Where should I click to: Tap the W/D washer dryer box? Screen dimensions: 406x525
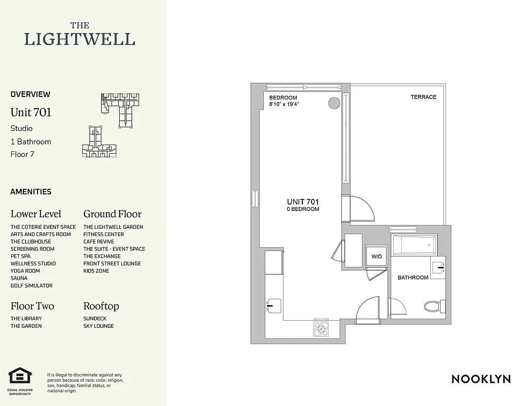pos(376,256)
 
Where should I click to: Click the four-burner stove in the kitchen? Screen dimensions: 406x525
pos(321,329)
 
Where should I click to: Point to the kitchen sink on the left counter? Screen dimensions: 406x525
pos(273,305)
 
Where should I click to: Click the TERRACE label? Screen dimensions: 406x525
pos(423,97)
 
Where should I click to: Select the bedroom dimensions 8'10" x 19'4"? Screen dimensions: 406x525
pos(284,105)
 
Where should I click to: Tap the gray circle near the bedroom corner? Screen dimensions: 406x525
pos(334,103)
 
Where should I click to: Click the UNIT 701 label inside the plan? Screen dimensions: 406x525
pos(303,202)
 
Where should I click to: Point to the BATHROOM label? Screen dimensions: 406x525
pos(412,278)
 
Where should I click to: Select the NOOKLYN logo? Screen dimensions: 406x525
pos(481,379)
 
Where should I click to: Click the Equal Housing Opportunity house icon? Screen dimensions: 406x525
pos(20,377)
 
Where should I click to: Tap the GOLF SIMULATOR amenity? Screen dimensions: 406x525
pos(31,286)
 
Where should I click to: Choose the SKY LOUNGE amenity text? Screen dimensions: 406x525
pos(98,326)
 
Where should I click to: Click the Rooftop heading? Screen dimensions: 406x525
pos(101,306)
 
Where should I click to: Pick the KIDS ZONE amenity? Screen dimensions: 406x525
pos(96,271)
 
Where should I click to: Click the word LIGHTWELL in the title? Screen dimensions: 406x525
pos(80,39)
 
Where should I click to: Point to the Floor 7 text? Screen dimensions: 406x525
pos(22,154)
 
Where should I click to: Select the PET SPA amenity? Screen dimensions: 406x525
pos(20,256)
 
